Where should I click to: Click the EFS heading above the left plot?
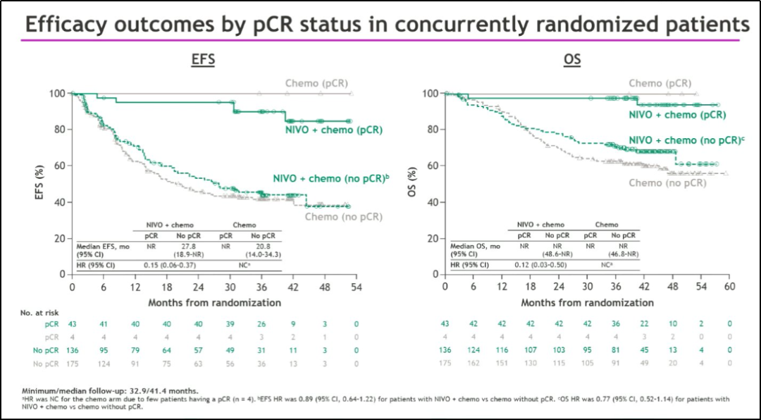pos(203,60)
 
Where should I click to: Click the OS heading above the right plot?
pos(572,60)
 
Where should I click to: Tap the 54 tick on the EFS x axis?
pos(356,288)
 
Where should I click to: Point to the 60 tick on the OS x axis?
pos(729,288)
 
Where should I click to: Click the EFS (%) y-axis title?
pos(40,183)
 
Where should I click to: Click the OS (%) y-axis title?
pos(413,183)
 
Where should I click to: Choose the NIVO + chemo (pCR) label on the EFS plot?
pos(333,130)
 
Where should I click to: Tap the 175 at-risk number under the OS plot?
pos(445,363)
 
